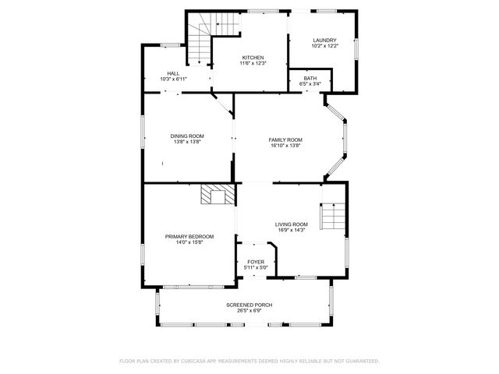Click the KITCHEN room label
[x=253, y=58]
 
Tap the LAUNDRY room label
[x=324, y=41]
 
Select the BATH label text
[x=310, y=78]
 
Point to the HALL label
[x=172, y=73]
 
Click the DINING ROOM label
[x=187, y=136]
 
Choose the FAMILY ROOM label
[x=285, y=139]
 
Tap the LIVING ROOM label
[x=291, y=224]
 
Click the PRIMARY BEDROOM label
[x=189, y=236]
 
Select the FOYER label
[x=256, y=262]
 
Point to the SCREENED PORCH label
[x=249, y=305]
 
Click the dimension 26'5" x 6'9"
[x=249, y=311]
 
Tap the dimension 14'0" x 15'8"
[x=189, y=242]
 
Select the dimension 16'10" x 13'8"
[x=285, y=146]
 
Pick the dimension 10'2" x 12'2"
[x=324, y=47]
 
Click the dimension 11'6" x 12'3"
[x=253, y=64]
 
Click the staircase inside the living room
[x=333, y=216]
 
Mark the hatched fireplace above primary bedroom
[x=218, y=195]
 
